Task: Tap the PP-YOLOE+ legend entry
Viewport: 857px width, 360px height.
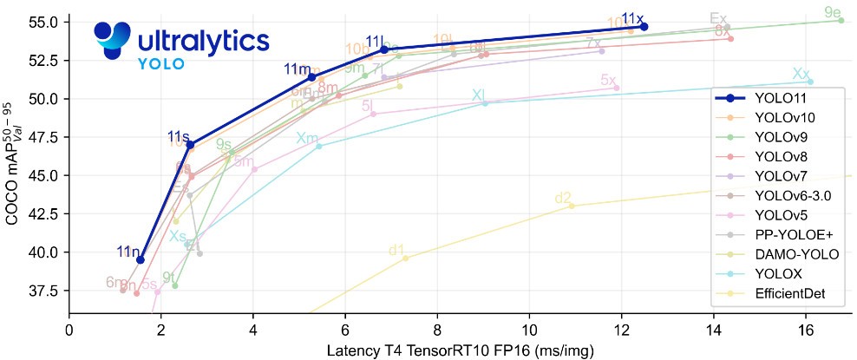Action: [793, 235]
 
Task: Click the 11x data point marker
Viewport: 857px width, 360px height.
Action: [644, 27]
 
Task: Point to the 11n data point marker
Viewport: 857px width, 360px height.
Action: [141, 259]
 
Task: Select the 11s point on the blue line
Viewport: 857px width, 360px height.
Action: [190, 144]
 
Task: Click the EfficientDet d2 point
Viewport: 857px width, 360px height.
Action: [572, 206]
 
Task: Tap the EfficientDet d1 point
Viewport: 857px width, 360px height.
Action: [405, 258]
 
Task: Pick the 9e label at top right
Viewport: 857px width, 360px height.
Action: [833, 12]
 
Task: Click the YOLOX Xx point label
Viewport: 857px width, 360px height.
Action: [801, 75]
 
